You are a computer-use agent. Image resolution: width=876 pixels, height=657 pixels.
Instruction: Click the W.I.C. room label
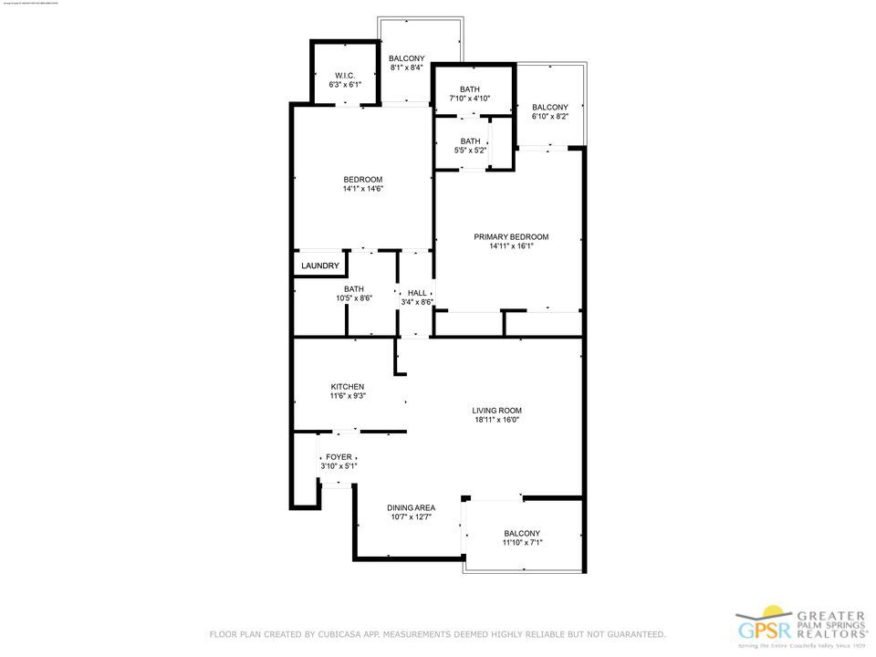tap(345, 76)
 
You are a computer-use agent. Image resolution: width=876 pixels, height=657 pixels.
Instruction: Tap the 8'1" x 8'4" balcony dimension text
tap(406, 68)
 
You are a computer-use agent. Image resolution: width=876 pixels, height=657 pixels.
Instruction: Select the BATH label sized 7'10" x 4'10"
tap(470, 89)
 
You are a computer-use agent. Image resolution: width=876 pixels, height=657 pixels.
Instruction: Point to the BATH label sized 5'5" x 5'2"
tap(470, 141)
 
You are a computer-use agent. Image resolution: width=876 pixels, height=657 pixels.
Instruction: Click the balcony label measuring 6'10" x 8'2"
tap(550, 108)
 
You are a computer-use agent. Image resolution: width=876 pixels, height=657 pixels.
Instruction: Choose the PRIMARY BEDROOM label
tap(511, 237)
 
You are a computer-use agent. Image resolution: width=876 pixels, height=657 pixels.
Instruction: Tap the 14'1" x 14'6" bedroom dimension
tap(362, 189)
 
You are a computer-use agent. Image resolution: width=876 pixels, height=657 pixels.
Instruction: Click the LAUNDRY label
tap(320, 266)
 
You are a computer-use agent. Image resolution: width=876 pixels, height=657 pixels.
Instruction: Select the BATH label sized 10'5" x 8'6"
tap(354, 289)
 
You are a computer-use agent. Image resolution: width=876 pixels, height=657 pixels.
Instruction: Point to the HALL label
tap(417, 293)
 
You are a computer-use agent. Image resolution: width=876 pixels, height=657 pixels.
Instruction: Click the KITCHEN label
tap(347, 387)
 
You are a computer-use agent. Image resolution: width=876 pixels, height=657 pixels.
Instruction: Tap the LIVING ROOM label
tap(497, 411)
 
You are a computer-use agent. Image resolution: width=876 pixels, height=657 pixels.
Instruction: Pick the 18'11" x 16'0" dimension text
tap(497, 421)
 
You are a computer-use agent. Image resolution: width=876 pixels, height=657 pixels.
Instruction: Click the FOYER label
tap(339, 457)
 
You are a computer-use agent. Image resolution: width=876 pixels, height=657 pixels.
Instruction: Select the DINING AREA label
tap(411, 507)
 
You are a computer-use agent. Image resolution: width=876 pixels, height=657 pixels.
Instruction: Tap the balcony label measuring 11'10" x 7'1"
tap(522, 534)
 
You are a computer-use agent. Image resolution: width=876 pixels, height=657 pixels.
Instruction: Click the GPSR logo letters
tap(762, 631)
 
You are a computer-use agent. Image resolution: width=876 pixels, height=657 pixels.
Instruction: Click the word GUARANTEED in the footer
tap(629, 634)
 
